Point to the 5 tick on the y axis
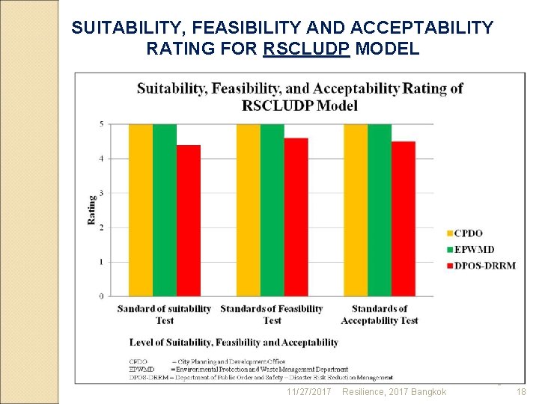tap(101, 123)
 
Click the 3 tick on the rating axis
tap(101, 193)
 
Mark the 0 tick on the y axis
tap(101, 296)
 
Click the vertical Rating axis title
tap(92, 210)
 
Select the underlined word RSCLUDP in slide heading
tap(309, 49)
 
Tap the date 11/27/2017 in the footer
tap(308, 392)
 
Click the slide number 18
tap(522, 392)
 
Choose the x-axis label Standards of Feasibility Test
tap(272, 314)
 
